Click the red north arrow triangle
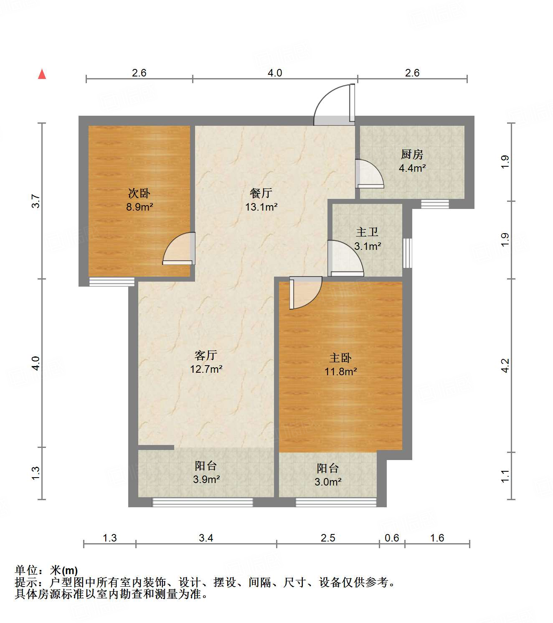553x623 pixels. [42, 74]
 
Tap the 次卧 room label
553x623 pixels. [139, 193]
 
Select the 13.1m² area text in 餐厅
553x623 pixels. [261, 207]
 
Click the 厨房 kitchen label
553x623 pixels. [412, 155]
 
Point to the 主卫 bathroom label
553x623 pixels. [367, 232]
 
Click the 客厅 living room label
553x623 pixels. [206, 355]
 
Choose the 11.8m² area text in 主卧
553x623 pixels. [341, 371]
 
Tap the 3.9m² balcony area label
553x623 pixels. [206, 480]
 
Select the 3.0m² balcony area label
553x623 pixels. [328, 482]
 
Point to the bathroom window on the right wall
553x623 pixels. [407, 253]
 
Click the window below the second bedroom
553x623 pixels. [112, 282]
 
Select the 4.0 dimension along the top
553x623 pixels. [274, 73]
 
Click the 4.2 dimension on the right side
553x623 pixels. [505, 366]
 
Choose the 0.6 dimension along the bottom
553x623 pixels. [392, 538]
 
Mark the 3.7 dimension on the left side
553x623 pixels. [36, 201]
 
